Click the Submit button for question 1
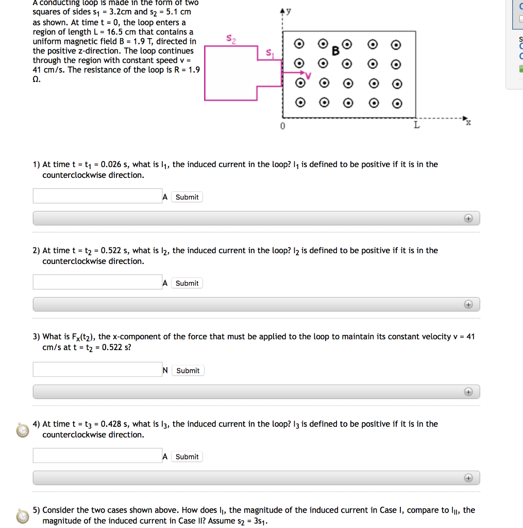(187, 197)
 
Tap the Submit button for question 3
(188, 371)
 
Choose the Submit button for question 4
(187, 457)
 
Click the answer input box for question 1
(97, 196)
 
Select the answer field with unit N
(97, 370)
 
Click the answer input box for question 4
(97, 456)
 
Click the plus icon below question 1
(468, 219)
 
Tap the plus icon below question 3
(468, 392)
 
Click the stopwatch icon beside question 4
(22, 430)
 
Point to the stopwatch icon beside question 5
(22, 516)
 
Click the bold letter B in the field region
(336, 51)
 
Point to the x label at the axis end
(468, 123)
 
